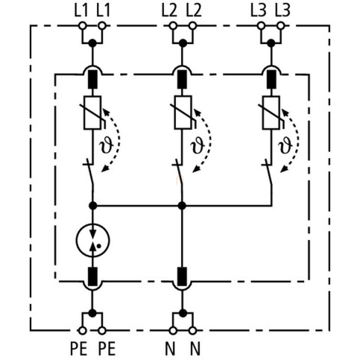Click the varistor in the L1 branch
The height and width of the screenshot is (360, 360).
[92, 112]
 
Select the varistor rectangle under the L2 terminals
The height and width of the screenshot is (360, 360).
[182, 112]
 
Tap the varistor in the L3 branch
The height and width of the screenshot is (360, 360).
[271, 112]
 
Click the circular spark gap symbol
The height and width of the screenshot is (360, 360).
[92, 239]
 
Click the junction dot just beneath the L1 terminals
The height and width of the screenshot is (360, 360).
[92, 43]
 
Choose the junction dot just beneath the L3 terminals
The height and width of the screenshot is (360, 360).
[271, 43]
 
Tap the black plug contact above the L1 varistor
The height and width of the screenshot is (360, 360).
[92, 80]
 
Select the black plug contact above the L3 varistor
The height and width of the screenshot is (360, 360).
[271, 80]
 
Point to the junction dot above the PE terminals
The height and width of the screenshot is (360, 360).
[92, 313]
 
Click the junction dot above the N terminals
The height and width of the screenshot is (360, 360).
[182, 313]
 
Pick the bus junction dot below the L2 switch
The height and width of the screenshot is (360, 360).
[182, 206]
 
